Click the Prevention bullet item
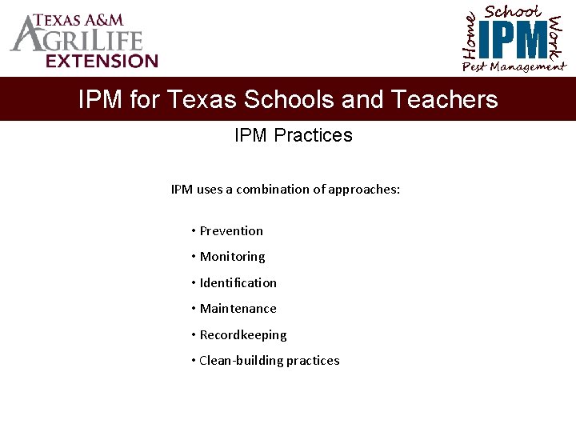tap(230, 231)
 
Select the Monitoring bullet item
tap(232, 257)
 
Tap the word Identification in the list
tap(238, 283)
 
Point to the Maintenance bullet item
tap(238, 309)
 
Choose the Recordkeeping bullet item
tap(242, 335)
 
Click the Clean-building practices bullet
tap(269, 361)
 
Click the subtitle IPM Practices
tap(293, 135)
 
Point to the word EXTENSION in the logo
tap(102, 60)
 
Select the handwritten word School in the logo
tap(513, 12)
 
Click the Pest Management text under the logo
tap(514, 67)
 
